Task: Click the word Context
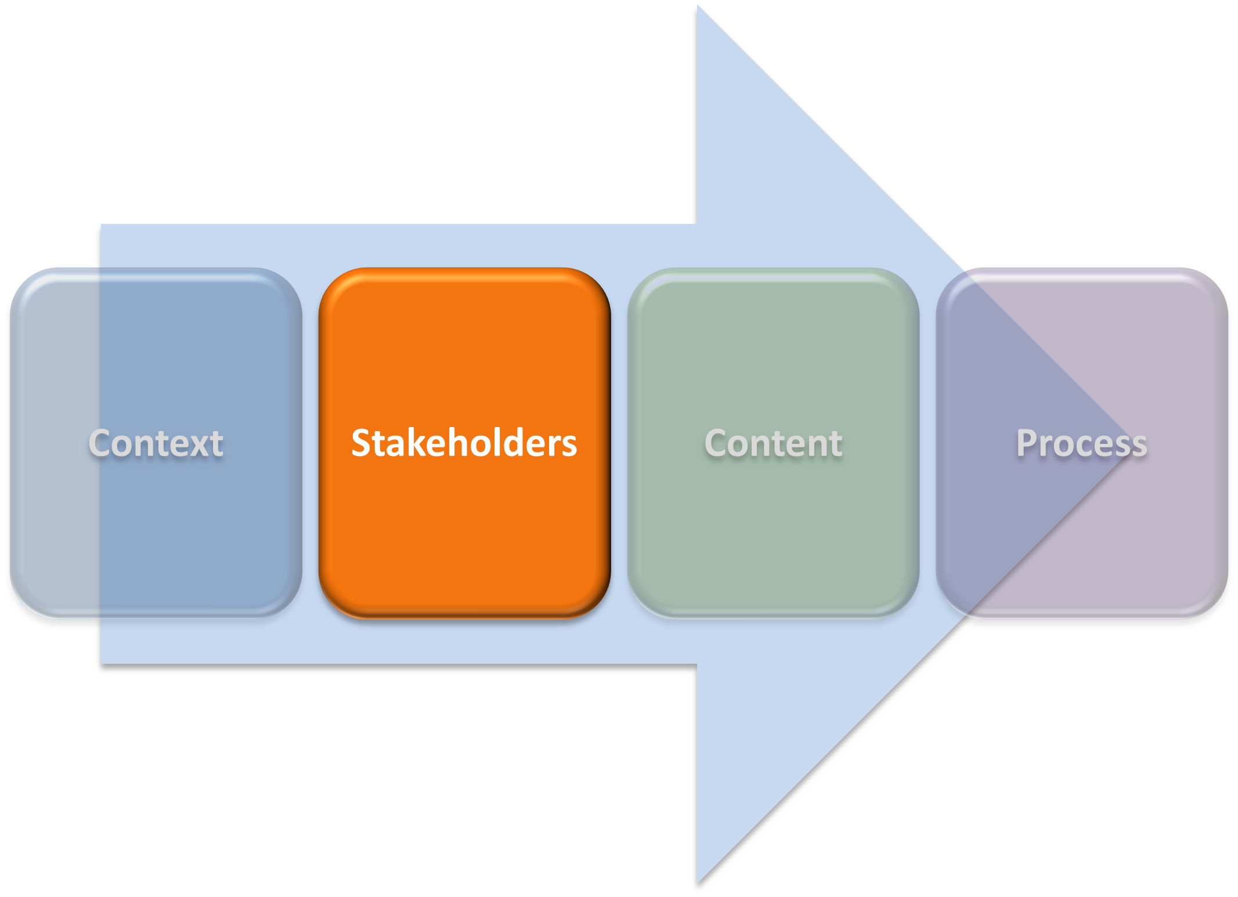[156, 444]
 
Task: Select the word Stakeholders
[464, 444]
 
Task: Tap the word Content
[773, 444]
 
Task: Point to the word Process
[1081, 444]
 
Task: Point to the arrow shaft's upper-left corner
[103, 226]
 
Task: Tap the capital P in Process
[1027, 444]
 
